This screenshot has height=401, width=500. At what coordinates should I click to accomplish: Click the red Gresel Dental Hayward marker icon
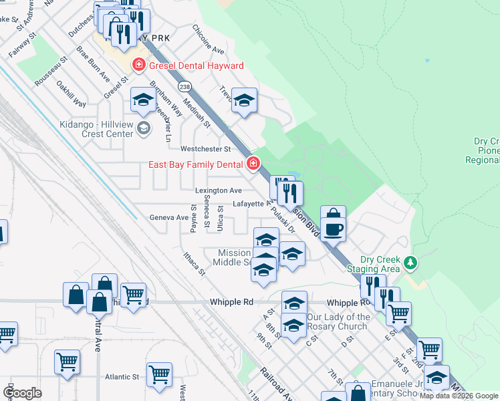[139, 65]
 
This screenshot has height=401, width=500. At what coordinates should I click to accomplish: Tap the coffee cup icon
[333, 229]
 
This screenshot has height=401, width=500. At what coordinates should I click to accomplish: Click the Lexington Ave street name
[218, 190]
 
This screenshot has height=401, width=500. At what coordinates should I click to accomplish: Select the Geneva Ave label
[168, 217]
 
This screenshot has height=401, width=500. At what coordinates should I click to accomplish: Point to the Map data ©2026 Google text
[459, 396]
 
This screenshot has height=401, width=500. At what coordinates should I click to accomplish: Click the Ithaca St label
[195, 261]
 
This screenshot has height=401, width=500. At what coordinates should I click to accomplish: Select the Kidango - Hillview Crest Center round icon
[143, 128]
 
